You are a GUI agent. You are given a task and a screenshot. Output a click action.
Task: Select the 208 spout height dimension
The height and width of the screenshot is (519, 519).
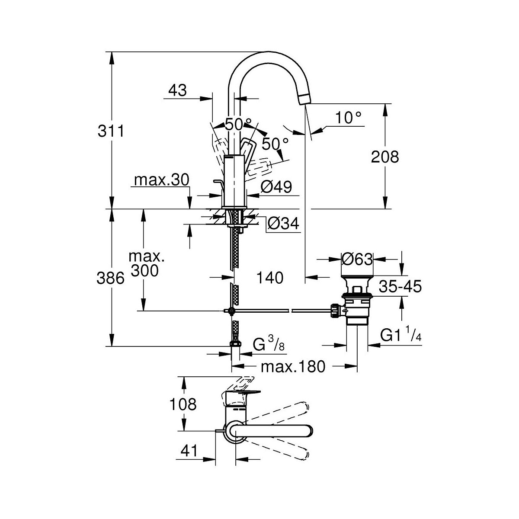click(385, 157)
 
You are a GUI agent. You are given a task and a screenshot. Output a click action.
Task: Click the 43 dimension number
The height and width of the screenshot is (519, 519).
click(177, 90)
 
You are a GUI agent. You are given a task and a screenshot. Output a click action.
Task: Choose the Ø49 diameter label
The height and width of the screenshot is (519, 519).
click(276, 187)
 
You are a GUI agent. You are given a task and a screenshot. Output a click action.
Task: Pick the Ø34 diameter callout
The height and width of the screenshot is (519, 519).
click(283, 224)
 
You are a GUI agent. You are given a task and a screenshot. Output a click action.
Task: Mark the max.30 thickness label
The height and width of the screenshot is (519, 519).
click(161, 180)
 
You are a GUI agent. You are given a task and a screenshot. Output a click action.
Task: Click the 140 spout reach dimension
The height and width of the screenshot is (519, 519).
click(269, 278)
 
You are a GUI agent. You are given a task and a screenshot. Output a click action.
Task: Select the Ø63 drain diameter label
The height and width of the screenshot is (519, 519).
click(357, 259)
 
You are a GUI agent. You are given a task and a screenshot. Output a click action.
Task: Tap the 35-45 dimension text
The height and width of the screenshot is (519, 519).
click(400, 287)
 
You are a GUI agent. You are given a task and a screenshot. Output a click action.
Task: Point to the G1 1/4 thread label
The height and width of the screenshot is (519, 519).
click(400, 336)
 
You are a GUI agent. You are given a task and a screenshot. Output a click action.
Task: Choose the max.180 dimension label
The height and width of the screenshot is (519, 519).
click(292, 367)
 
